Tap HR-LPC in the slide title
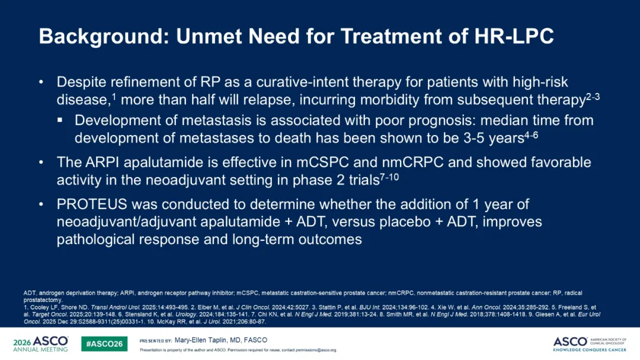[514, 36]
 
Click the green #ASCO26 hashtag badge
[104, 343]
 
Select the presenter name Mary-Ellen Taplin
[200, 340]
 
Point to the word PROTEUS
[92, 204]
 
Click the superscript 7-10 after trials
[389, 178]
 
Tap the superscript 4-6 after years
[531, 136]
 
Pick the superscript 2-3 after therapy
[593, 97]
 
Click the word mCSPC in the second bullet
[322, 162]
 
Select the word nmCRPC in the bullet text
[412, 162]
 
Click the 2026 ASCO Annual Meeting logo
[41, 343]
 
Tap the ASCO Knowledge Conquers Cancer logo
[590, 344]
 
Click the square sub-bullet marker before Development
[60, 120]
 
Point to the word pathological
[95, 239]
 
